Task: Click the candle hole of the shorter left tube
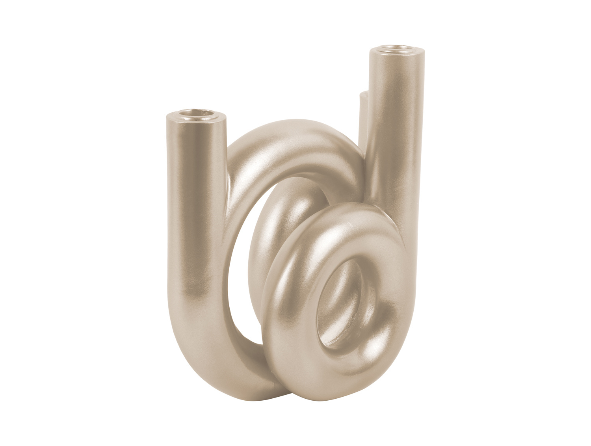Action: coord(195,115)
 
